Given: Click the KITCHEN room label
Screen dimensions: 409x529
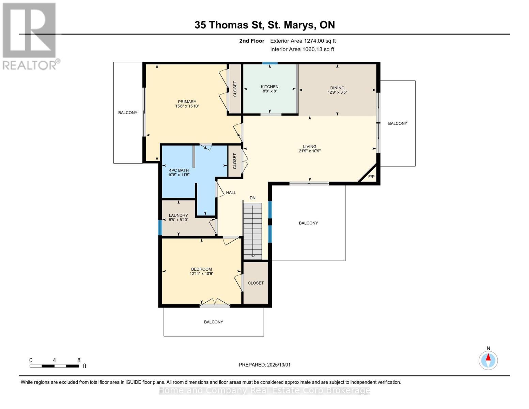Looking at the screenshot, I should coord(269,87).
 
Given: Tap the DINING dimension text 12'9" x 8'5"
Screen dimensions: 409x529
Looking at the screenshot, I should coord(337,92).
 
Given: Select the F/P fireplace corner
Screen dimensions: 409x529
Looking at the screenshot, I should coord(371,177).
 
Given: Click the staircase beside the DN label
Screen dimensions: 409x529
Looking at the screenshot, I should coord(253,230).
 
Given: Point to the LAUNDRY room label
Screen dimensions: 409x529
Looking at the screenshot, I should coord(178,215).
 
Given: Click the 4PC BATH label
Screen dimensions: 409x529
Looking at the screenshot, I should coord(178,170).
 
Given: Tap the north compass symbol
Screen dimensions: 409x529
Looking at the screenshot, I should coord(488,360).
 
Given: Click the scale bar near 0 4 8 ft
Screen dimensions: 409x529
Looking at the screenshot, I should coord(54,366).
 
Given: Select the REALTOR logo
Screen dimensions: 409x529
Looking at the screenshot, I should coord(30,36).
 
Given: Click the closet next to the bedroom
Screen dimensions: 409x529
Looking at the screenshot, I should coord(255,283).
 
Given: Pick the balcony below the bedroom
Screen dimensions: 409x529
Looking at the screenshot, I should coord(214,322).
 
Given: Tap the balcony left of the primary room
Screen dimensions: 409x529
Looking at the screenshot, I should coord(128,112).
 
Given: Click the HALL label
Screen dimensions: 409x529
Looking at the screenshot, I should coord(231,193).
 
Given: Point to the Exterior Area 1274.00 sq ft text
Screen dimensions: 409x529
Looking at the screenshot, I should coord(303,41).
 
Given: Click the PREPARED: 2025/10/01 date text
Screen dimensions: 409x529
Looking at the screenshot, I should coord(264,365).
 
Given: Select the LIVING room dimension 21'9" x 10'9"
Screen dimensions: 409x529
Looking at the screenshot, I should coord(309,151).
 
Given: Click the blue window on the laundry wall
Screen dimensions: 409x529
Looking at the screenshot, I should coord(160,227).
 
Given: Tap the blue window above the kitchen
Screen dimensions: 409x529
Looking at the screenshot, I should coord(269,63).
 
